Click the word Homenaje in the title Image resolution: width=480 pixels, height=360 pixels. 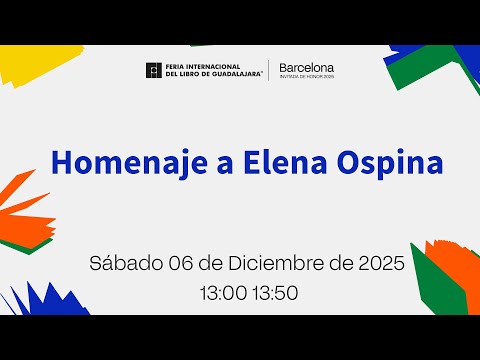pos(130,163)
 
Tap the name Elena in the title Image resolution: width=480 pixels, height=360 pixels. pos(285,163)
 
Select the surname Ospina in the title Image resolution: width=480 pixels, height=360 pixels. pos(390,164)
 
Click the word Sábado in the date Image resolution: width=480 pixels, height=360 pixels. pos(126,263)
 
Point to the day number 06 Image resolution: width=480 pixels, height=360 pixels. pos(181,263)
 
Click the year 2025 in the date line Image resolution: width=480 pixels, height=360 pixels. pos(382,263)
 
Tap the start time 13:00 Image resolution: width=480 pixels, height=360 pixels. pos(223,293)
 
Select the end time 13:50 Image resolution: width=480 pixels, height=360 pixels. pos(275,293)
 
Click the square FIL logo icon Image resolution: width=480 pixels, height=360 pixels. pos(154,70)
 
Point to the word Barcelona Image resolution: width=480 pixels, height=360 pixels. pos(307,68)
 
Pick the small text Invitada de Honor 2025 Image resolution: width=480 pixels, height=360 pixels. pos(307,77)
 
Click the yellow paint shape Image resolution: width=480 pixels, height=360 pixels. pos(38,63)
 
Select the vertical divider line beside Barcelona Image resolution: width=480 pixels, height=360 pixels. pos(269,70)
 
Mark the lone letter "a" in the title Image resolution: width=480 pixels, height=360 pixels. pos(225,166)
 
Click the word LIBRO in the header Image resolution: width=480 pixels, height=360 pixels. pos(189,74)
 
